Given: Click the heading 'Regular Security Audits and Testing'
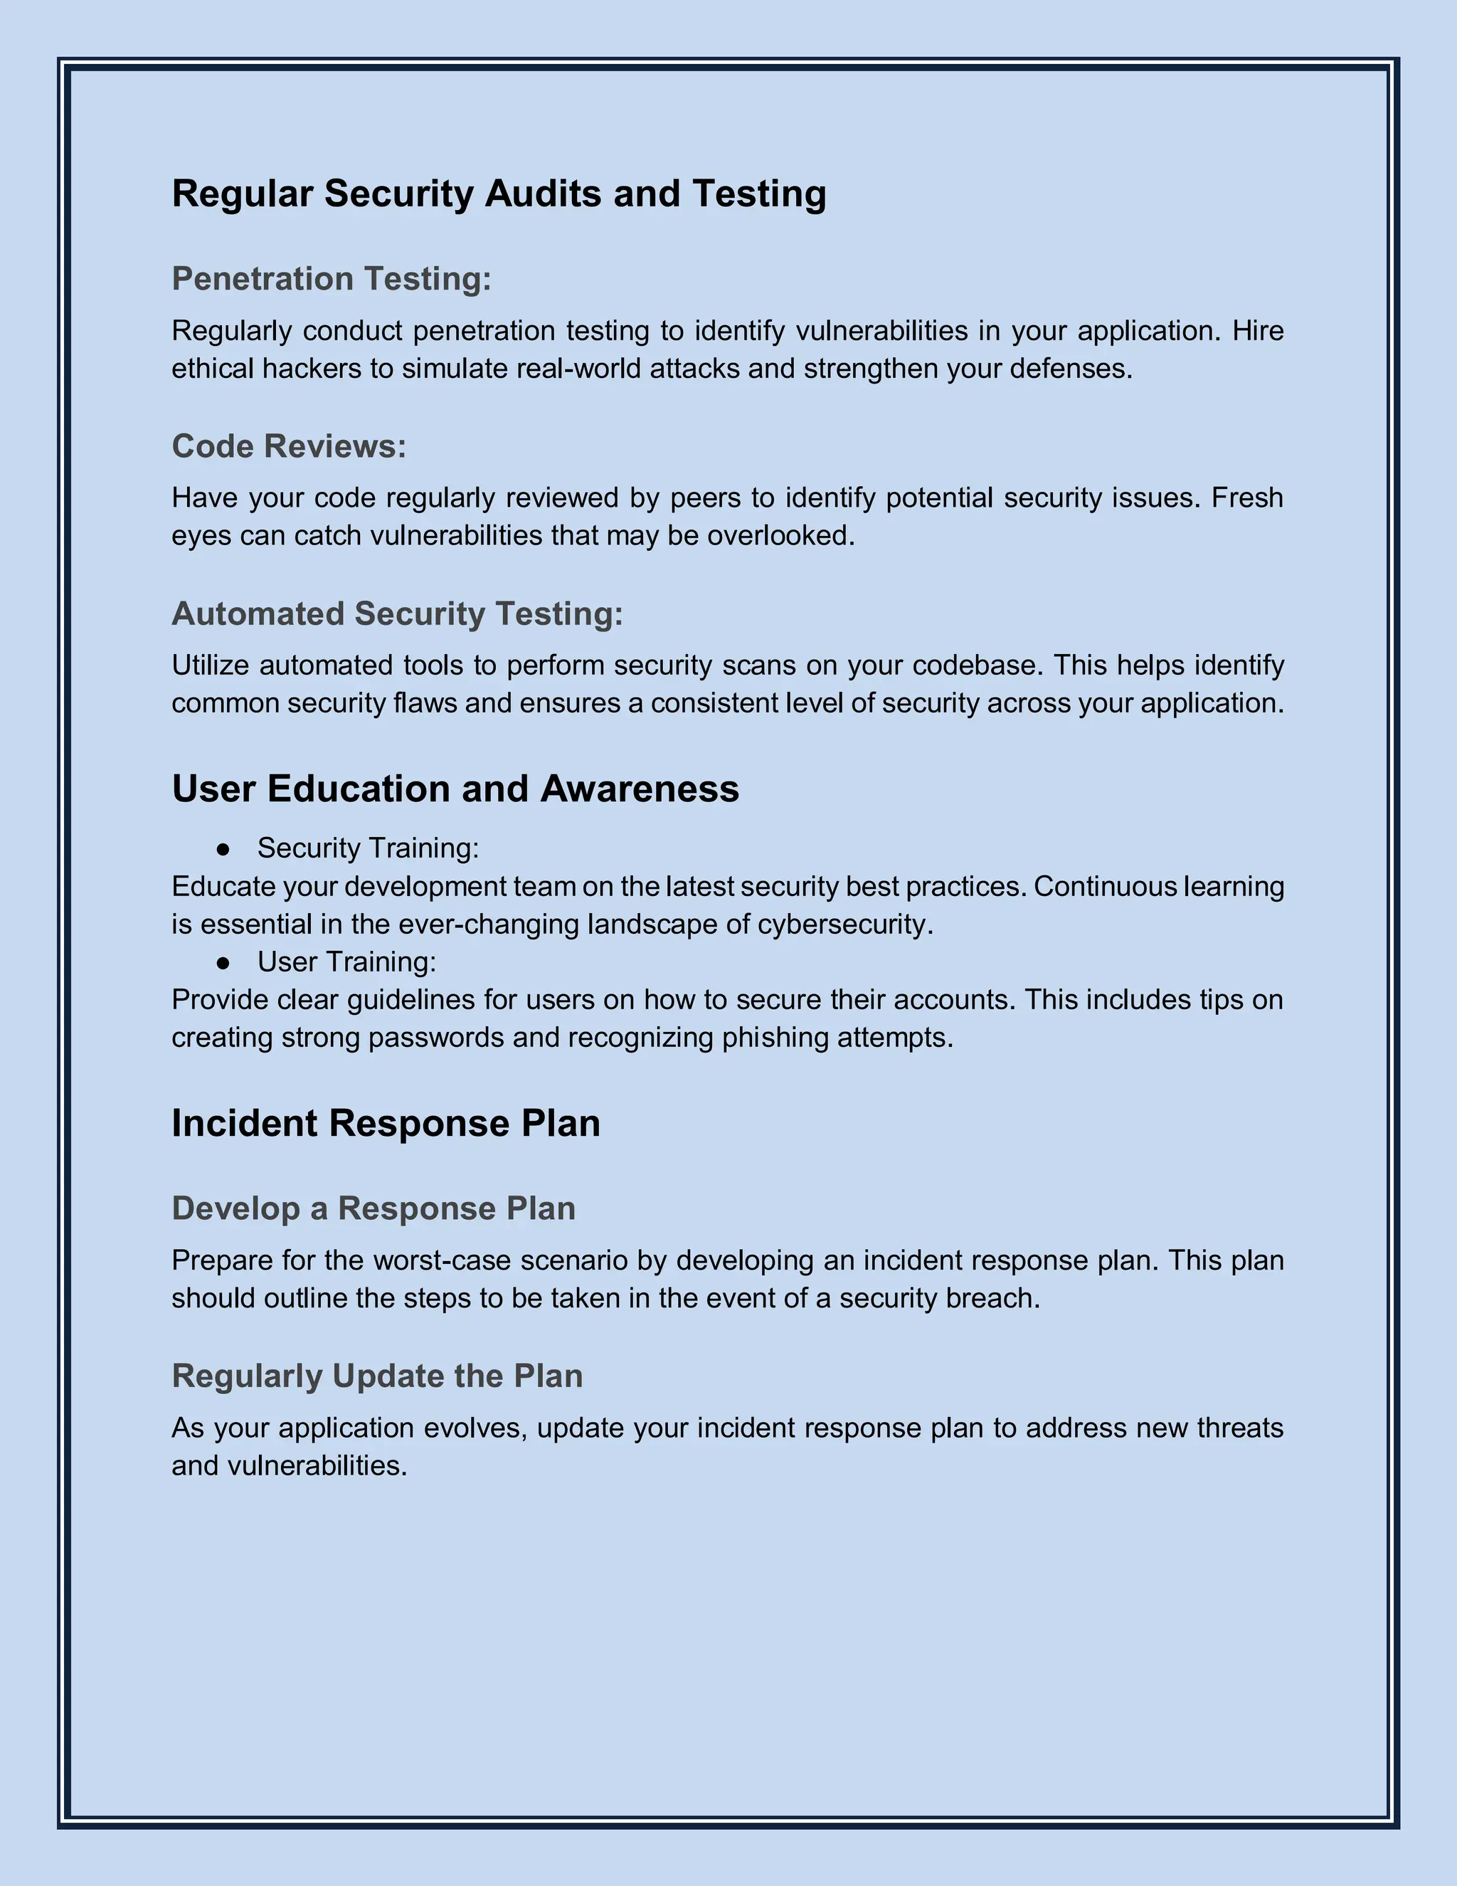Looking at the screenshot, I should click(499, 194).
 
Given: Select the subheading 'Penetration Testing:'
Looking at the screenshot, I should click(332, 279).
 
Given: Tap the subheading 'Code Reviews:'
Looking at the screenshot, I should click(288, 446).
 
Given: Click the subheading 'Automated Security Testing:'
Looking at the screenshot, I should click(397, 614).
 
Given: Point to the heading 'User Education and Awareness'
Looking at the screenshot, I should click(455, 789).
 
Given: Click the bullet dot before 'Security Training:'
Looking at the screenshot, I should click(223, 850).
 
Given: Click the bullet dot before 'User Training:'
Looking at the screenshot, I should click(223, 963).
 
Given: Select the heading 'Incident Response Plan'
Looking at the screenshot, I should click(386, 1124).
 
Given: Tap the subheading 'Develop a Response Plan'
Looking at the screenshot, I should click(373, 1209).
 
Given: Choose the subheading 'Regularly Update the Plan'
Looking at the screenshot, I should click(377, 1376).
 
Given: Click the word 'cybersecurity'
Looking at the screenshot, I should click(842, 925).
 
